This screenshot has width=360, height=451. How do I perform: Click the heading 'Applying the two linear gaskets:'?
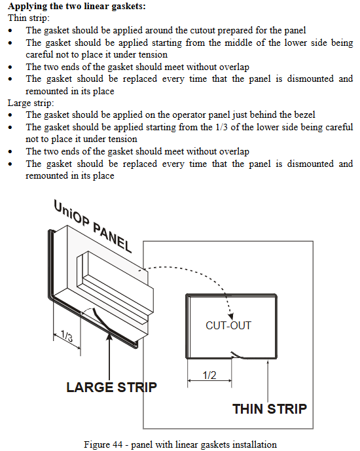pos(77,6)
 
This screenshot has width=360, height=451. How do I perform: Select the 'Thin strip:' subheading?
pos(28,18)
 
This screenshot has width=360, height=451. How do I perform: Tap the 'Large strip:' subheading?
pos(31,103)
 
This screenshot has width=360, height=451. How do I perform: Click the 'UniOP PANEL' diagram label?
pos(92,226)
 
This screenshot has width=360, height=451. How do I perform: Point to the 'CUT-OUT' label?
pos(228,325)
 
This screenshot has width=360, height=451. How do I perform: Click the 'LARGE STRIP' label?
pos(111,387)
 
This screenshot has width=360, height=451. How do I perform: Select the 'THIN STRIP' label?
pos(270,409)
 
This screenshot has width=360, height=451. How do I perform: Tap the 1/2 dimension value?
pos(209,375)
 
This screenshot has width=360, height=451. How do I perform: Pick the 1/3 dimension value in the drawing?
pos(67,336)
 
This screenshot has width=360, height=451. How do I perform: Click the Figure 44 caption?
pos(180,444)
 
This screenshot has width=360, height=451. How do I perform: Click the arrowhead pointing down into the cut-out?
pos(230,316)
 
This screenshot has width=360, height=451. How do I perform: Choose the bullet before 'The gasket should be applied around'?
pos(10,31)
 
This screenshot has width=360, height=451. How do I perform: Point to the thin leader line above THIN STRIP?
pos(268,380)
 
